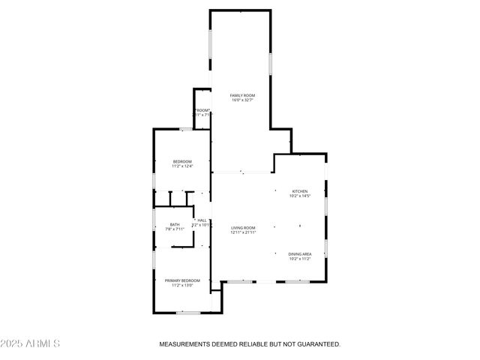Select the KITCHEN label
[x=300, y=191]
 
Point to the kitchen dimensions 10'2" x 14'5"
[x=300, y=196]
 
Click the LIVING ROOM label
[x=243, y=227]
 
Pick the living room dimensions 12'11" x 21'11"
[x=243, y=232]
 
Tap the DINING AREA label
[x=300, y=254]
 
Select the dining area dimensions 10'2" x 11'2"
[x=300, y=259]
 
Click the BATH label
[x=175, y=224]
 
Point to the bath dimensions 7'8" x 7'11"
[x=175, y=229]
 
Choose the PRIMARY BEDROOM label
[x=183, y=280]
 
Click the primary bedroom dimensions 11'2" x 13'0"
[x=183, y=286]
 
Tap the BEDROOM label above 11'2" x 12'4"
[x=183, y=162]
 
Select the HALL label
[x=202, y=220]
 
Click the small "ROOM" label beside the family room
[x=202, y=110]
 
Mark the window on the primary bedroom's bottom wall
[x=187, y=313]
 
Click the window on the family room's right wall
[x=270, y=63]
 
